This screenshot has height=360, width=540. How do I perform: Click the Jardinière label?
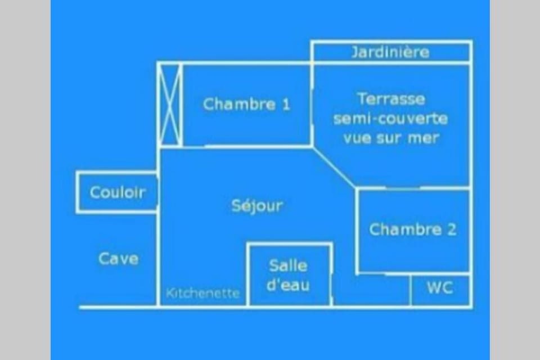pyautogui.click(x=390, y=52)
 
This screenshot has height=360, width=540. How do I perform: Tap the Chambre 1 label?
pyautogui.click(x=246, y=104)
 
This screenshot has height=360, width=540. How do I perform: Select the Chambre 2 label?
pyautogui.click(x=412, y=229)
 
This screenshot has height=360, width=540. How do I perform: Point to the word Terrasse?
pyautogui.click(x=391, y=99)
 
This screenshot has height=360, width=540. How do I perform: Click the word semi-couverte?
pyautogui.click(x=390, y=119)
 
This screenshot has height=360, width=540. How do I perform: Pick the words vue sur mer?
pyautogui.click(x=391, y=138)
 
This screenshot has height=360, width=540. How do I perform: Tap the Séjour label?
pyautogui.click(x=257, y=206)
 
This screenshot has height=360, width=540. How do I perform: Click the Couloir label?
pyautogui.click(x=118, y=192)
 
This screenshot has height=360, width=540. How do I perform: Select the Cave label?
pyautogui.click(x=119, y=259)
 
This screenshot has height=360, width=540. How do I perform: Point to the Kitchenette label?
pyautogui.click(x=203, y=293)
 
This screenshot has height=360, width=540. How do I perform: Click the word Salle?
pyautogui.click(x=288, y=265)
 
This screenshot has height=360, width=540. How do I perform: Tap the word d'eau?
pyautogui.click(x=288, y=285)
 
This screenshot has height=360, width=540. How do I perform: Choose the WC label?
pyautogui.click(x=440, y=287)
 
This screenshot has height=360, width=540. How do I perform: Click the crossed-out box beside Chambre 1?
pyautogui.click(x=170, y=105)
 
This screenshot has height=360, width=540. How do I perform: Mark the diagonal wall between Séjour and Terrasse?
pyautogui.click(x=335, y=168)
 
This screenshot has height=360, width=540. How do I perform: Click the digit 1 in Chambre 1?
pyautogui.click(x=286, y=105)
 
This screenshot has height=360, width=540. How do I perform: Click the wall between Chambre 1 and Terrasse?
pyautogui.click(x=312, y=105)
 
